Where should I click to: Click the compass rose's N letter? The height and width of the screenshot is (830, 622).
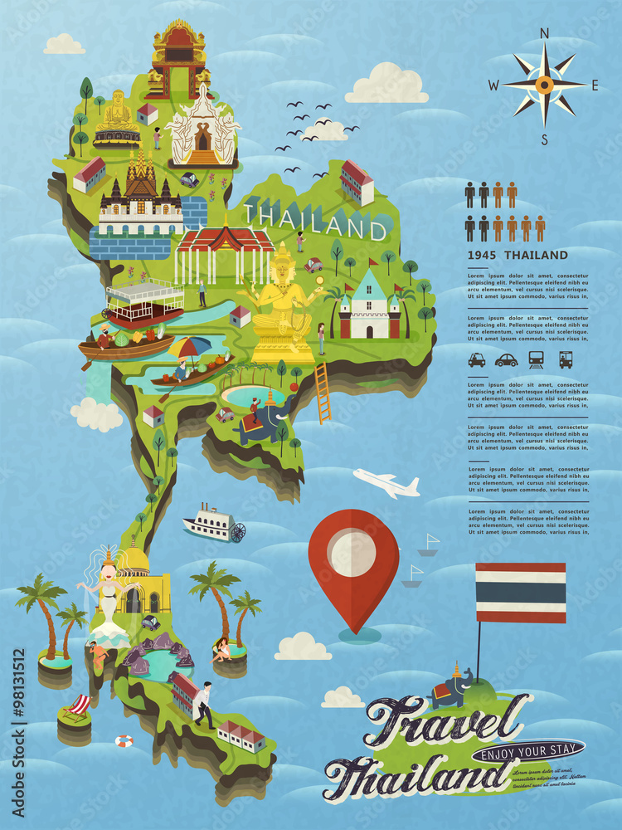click(x=545, y=33)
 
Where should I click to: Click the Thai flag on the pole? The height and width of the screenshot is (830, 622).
click(x=520, y=592)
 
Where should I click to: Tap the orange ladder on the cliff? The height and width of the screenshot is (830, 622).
click(x=323, y=392)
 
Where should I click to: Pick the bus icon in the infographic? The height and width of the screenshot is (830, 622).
click(x=566, y=360)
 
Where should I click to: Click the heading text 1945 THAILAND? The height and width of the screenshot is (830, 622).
click(x=518, y=256)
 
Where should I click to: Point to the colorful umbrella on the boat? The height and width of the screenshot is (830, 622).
click(x=190, y=346)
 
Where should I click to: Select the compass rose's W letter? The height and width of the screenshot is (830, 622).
click(x=493, y=85)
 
